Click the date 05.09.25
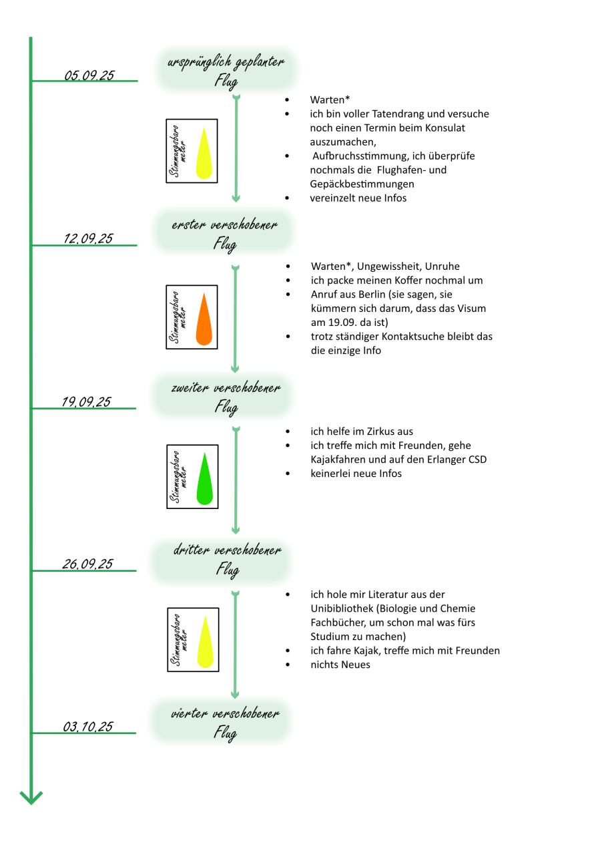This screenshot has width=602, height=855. [x=89, y=75]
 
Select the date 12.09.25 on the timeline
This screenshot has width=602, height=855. [x=88, y=238]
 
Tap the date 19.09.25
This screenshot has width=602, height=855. [x=87, y=401]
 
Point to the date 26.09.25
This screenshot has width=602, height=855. [x=87, y=564]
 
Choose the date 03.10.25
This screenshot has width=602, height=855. [x=88, y=727]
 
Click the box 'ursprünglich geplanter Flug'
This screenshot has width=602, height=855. [x=226, y=71]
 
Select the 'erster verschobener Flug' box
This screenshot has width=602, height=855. [x=225, y=233]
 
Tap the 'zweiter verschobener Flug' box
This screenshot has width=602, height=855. [x=225, y=396]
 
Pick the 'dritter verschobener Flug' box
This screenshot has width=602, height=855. [x=226, y=560]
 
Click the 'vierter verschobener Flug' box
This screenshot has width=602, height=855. [x=225, y=723]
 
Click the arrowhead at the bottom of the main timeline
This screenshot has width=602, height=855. [x=31, y=797]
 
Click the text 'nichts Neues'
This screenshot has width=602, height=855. [x=340, y=665]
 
